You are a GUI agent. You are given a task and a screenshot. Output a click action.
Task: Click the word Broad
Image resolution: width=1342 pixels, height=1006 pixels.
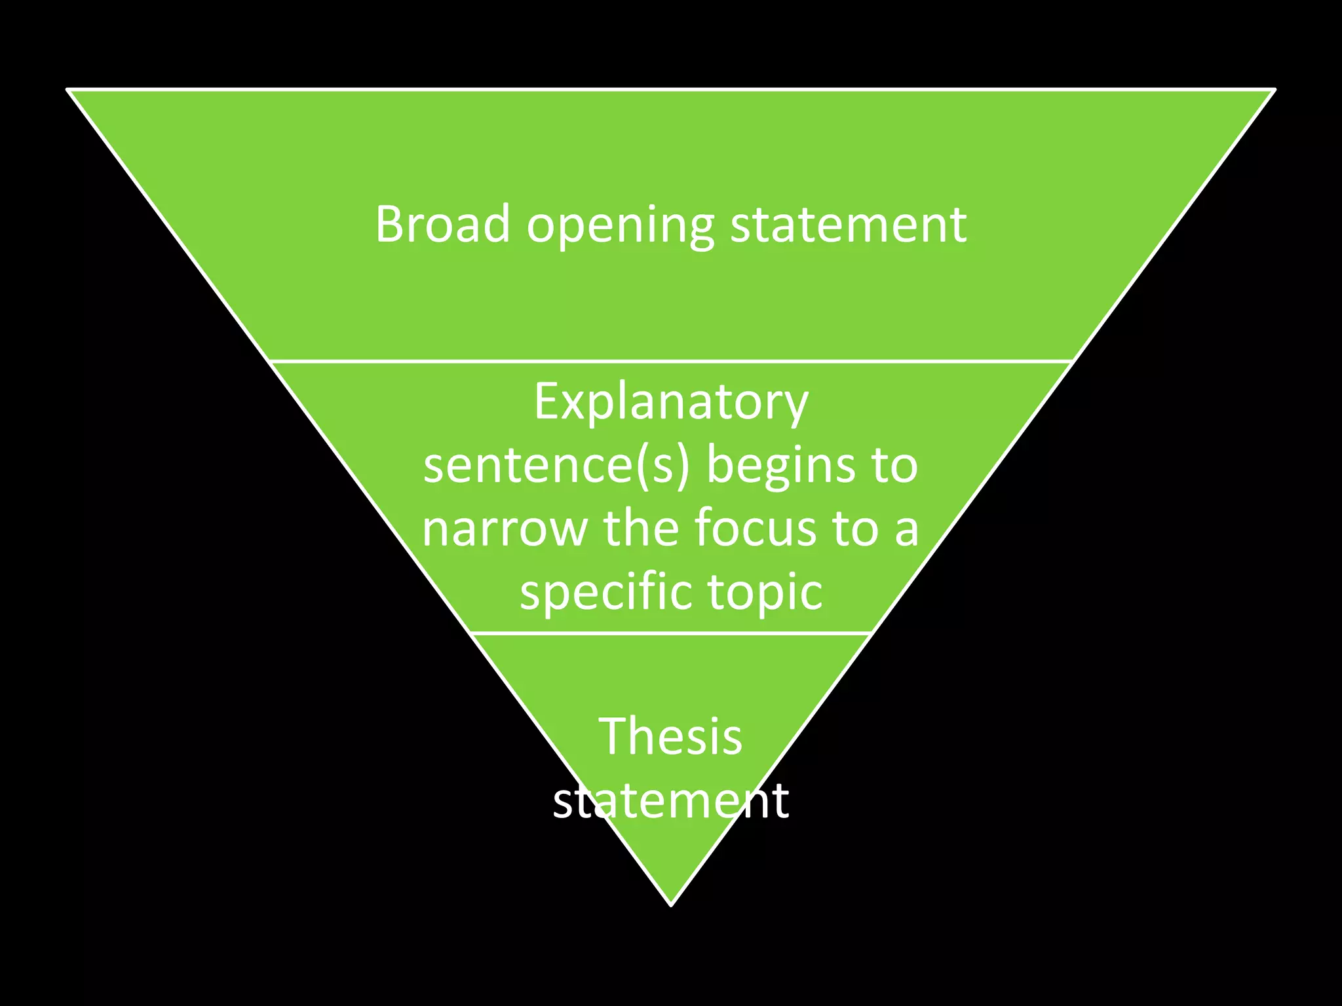pyautogui.click(x=442, y=224)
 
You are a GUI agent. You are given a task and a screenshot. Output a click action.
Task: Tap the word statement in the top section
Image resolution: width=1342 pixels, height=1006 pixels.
pyautogui.click(x=848, y=224)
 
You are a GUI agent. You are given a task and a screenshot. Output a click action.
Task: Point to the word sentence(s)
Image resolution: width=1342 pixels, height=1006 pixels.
pyautogui.click(x=557, y=466)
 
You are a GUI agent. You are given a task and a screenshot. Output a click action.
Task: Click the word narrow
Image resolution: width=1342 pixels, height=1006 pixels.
pyautogui.click(x=505, y=529)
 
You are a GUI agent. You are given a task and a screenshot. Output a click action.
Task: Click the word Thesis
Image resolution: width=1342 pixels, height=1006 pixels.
pyautogui.click(x=670, y=736)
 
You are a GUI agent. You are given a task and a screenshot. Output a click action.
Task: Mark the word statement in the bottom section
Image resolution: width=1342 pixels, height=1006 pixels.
pyautogui.click(x=670, y=800)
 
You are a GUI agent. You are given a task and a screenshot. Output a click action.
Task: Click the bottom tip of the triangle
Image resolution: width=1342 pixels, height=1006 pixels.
pyautogui.click(x=671, y=904)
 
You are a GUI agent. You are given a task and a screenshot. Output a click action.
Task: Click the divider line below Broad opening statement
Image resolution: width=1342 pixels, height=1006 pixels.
pyautogui.click(x=671, y=361)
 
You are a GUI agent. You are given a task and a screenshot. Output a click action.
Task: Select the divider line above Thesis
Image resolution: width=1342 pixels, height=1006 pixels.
pyautogui.click(x=671, y=633)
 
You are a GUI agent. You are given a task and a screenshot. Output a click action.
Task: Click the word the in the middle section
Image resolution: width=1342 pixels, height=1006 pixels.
pyautogui.click(x=640, y=528)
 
